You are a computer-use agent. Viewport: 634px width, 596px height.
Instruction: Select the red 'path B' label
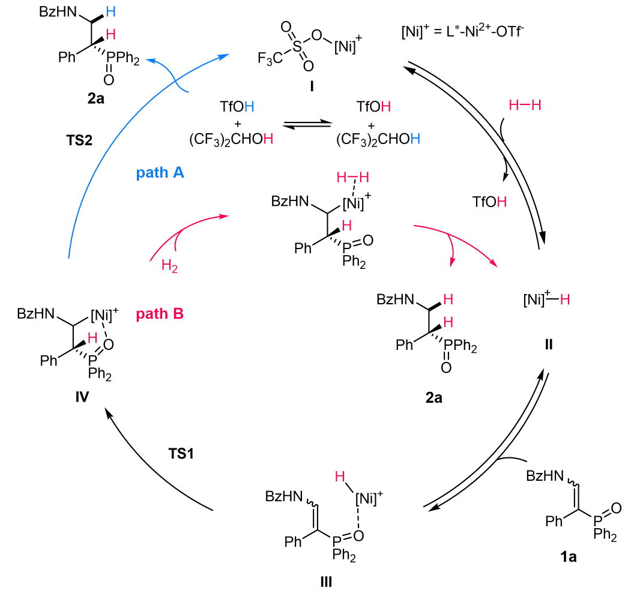tap(159, 314)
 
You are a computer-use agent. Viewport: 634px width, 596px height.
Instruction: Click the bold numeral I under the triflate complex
tap(312, 88)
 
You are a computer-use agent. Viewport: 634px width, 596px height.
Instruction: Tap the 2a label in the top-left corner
tap(94, 97)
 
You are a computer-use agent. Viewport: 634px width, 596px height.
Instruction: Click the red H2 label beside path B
tap(171, 265)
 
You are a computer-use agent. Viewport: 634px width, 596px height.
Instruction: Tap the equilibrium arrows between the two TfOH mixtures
tap(307, 127)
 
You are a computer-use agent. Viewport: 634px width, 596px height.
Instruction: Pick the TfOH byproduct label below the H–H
tap(489, 202)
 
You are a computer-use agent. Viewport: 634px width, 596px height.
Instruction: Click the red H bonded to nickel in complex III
tap(340, 478)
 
